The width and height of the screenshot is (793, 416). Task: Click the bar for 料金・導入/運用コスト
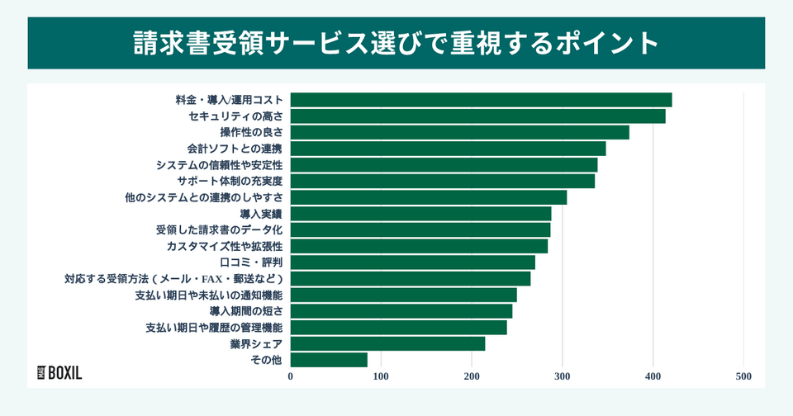click(x=481, y=100)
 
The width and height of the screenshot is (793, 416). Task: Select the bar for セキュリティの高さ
click(x=477, y=116)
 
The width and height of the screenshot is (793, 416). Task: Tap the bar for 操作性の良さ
click(x=459, y=132)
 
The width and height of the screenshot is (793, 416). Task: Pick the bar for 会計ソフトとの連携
click(x=448, y=149)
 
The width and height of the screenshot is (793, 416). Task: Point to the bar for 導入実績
click(x=420, y=214)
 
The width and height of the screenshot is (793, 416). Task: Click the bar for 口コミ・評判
click(x=412, y=262)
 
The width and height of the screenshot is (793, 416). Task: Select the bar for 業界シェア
click(x=387, y=343)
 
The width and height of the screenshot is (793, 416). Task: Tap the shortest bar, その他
click(x=329, y=360)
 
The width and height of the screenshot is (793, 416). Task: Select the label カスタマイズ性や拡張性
click(x=225, y=246)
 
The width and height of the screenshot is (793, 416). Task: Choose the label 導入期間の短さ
click(x=245, y=311)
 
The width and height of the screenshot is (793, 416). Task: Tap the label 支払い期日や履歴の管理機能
click(x=214, y=328)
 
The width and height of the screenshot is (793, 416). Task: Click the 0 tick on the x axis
click(x=291, y=376)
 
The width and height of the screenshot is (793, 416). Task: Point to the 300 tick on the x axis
click(x=563, y=376)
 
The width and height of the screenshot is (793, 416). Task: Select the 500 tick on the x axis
click(x=743, y=376)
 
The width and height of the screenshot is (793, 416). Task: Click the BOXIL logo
click(x=60, y=372)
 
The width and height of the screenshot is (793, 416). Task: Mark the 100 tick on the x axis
click(x=381, y=376)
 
